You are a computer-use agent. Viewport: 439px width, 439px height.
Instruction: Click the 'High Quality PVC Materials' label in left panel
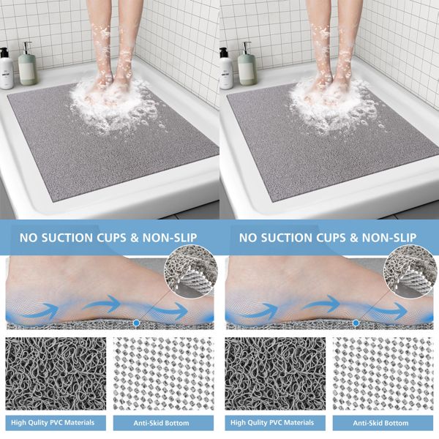tap(56, 423)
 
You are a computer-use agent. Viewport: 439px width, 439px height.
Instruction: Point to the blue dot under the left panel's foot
tap(136, 323)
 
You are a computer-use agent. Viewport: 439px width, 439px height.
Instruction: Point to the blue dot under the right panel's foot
tap(356, 323)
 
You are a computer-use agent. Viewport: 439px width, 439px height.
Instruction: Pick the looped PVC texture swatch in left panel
tap(56, 373)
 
